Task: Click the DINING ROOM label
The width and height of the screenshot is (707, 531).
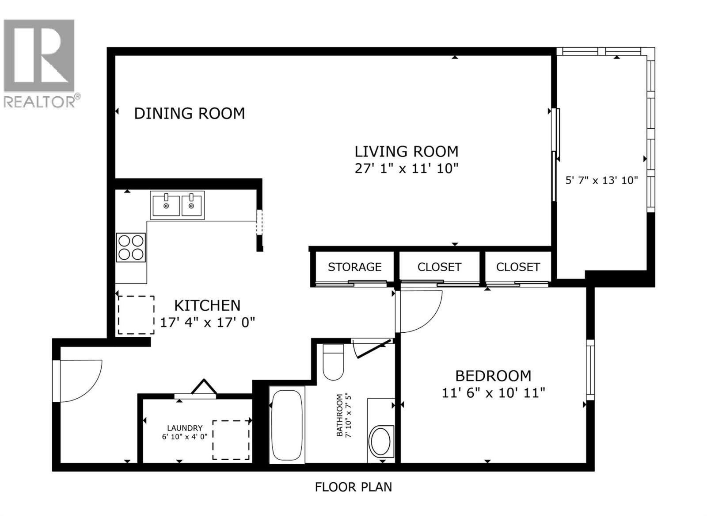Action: (189, 114)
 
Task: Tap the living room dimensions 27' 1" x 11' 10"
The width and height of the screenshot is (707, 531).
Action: (407, 169)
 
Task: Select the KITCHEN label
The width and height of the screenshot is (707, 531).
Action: (207, 305)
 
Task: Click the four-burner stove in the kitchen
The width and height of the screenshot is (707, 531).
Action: (131, 247)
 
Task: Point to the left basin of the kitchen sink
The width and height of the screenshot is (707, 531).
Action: (166, 205)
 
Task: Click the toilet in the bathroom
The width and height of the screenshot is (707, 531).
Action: (333, 362)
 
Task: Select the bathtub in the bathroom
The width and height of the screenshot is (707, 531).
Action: (287, 425)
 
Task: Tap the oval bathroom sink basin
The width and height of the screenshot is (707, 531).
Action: (380, 441)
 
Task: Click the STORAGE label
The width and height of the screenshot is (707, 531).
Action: (354, 267)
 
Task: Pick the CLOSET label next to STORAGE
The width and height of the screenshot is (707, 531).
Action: (439, 267)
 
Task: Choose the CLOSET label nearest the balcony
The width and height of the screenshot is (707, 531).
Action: (518, 267)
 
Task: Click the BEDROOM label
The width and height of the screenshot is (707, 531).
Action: (493, 376)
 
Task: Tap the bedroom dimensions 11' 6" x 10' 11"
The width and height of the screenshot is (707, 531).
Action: (493, 392)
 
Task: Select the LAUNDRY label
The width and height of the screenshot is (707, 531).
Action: (185, 428)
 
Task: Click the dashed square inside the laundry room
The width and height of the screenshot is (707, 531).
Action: (231, 440)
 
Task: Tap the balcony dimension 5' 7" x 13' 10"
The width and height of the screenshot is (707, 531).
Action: (602, 180)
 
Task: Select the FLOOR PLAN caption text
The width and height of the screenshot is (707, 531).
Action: (353, 487)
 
